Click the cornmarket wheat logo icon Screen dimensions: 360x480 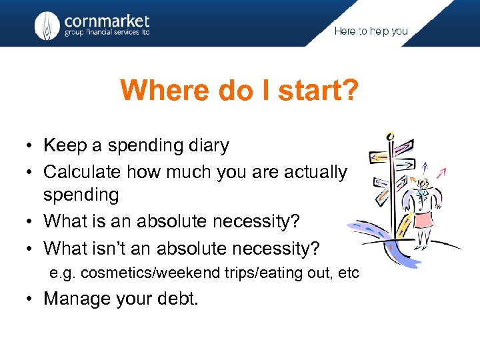click(47, 26)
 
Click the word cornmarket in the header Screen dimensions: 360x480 click(107, 21)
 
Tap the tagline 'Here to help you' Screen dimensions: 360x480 click(371, 31)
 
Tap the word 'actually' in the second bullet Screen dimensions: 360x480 click(316, 172)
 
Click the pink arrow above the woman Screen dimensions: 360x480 click(441, 175)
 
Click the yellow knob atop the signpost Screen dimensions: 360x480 click(391, 136)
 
